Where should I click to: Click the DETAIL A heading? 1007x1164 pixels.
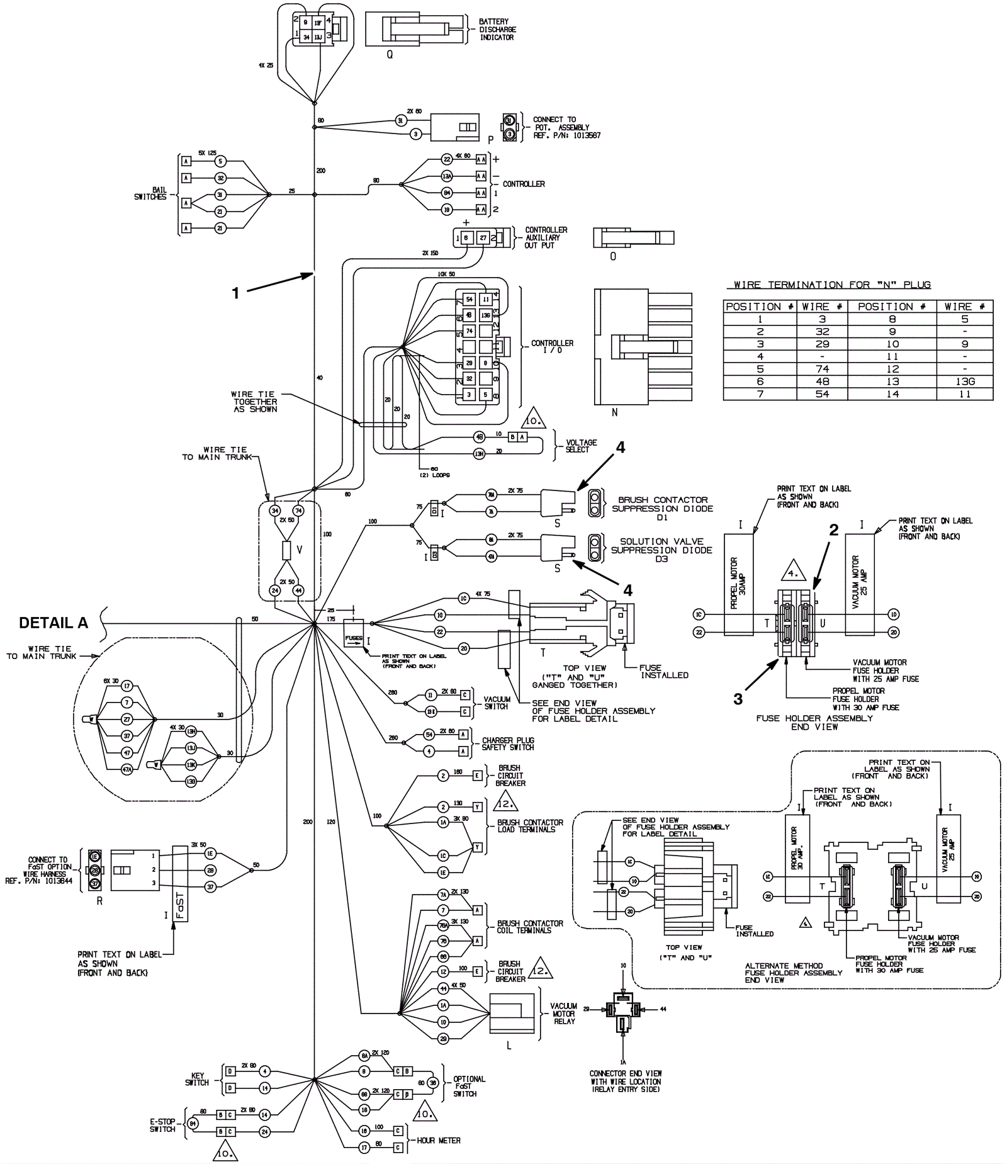[53, 623]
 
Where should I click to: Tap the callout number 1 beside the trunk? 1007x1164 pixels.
[236, 293]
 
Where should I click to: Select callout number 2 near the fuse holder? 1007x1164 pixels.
[834, 530]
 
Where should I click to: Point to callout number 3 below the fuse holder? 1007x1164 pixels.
[738, 699]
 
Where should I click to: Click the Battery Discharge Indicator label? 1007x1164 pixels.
[497, 30]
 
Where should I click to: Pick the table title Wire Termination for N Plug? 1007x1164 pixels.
[832, 285]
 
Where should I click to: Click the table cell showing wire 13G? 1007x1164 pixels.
[964, 381]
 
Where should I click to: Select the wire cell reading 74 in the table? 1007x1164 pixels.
[822, 369]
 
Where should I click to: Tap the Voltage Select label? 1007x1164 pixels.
[581, 446]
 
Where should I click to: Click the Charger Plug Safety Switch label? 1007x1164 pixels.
[508, 744]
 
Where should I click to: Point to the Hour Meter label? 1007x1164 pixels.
[439, 1140]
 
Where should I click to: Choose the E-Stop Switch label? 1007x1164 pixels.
[162, 1125]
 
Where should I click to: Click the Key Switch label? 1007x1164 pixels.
[196, 1079]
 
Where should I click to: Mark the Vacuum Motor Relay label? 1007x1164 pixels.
[564, 1014]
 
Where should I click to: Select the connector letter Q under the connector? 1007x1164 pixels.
[390, 55]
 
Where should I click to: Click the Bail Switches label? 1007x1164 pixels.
[150, 193]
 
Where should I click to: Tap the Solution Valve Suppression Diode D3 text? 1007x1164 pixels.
[661, 550]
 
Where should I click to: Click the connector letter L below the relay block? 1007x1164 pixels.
[509, 1046]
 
